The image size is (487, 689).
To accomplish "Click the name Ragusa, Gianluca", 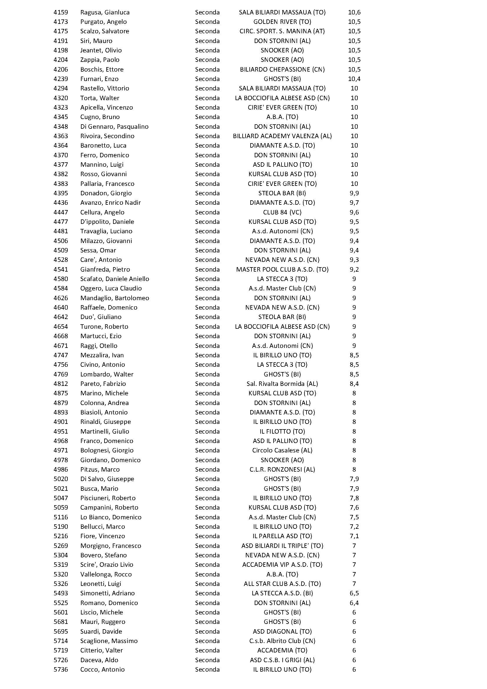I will [x=105, y=12].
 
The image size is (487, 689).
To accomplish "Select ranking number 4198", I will [x=61, y=50].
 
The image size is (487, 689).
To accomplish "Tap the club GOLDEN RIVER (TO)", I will [x=282, y=22].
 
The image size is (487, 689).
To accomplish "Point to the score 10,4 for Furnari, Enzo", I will [x=354, y=79].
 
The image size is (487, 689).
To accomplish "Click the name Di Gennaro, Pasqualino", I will [x=114, y=126].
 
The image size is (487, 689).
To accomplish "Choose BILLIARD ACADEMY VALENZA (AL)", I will [x=282, y=136].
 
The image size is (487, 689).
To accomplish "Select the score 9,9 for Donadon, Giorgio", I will [x=354, y=193].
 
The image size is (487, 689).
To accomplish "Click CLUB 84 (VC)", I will [x=282, y=212].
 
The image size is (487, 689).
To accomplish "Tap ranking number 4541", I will [x=61, y=269].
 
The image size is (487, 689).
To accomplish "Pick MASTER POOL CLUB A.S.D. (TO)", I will [x=282, y=269].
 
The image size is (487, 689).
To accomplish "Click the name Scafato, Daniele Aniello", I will [x=115, y=279].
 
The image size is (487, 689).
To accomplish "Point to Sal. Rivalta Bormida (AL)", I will [x=282, y=384].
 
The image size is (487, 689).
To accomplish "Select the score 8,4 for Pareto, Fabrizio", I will [x=354, y=384].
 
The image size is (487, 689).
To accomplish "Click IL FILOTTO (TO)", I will [x=282, y=431].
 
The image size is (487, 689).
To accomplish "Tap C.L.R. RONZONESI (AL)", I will [x=282, y=469].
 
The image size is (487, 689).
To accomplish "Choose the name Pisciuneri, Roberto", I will [x=108, y=498].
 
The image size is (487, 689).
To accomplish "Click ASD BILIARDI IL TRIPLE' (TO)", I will [x=282, y=546].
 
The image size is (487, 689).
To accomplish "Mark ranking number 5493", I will [x=61, y=593].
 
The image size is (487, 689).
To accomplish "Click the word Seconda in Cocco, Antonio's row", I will [x=207, y=669].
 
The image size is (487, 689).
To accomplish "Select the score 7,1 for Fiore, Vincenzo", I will [x=354, y=536].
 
